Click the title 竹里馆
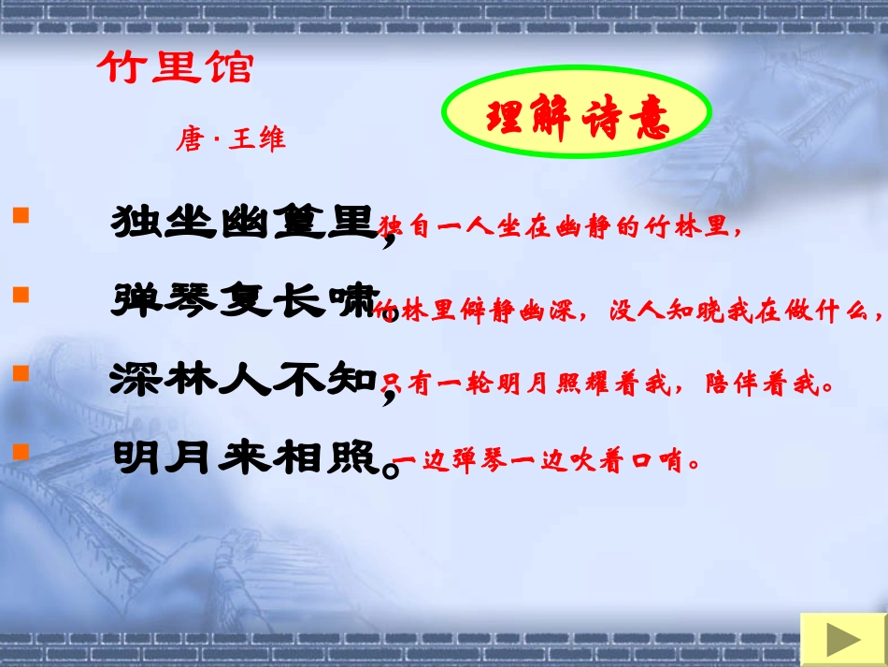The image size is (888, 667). [x=176, y=68]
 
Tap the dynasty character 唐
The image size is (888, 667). [x=190, y=140]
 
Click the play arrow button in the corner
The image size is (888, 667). [x=843, y=641]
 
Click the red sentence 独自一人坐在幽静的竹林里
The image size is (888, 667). [x=557, y=228]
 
